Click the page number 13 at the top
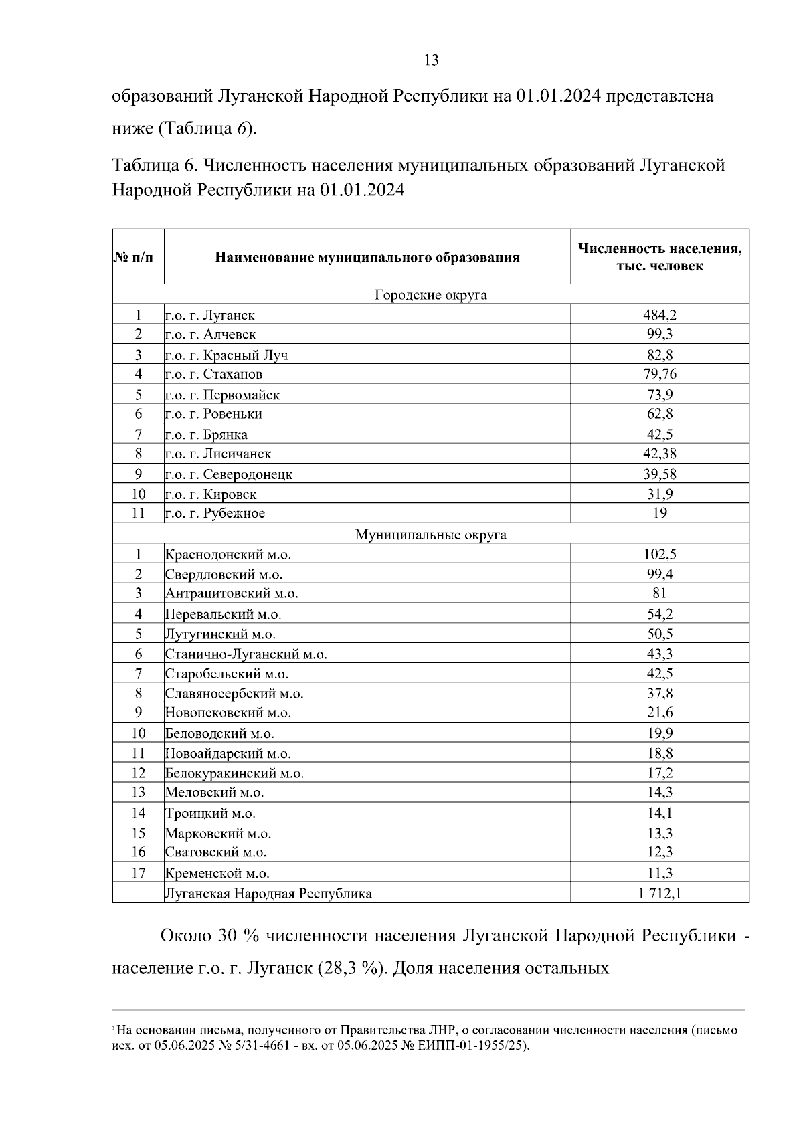tap(432, 60)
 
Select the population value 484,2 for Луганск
tap(660, 314)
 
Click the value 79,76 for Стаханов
tap(660, 373)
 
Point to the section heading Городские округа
tap(430, 294)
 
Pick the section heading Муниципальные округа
tap(430, 535)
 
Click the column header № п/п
tap(138, 257)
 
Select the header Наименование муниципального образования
tap(367, 257)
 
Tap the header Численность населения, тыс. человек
tap(660, 257)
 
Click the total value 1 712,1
tap(660, 892)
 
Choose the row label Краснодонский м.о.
tap(228, 554)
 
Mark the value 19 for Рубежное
tap(660, 513)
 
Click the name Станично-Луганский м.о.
tap(246, 654)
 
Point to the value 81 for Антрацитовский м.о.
tap(660, 593)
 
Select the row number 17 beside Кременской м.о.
tap(138, 872)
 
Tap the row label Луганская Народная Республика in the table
tap(268, 893)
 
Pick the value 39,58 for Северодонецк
tap(660, 474)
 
